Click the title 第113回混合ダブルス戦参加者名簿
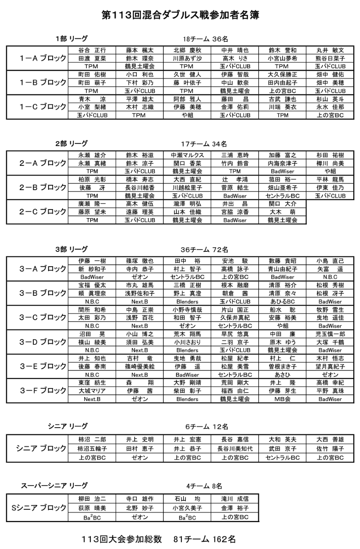[x=180, y=15]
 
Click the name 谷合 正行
[x=92, y=50]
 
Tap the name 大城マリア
[x=92, y=390]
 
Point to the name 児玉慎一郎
[x=330, y=334]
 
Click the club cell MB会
[x=282, y=398]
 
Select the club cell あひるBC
[x=282, y=301]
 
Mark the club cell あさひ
[x=282, y=374]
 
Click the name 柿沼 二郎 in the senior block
[x=92, y=439]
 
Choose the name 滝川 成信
[x=235, y=499]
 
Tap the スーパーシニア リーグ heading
[x=54, y=486]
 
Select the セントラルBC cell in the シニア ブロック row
[x=282, y=457]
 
